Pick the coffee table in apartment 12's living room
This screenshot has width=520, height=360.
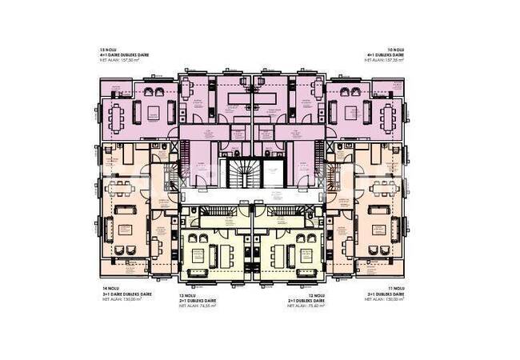point(286,256)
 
